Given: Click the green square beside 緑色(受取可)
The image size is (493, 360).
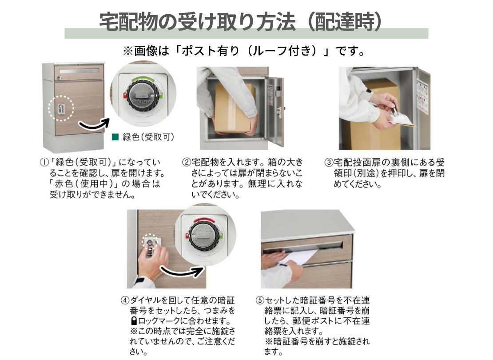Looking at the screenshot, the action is click(x=115, y=137).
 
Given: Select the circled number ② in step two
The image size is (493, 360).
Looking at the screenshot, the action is click(x=187, y=163).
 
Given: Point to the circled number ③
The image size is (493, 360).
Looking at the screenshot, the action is click(x=329, y=163).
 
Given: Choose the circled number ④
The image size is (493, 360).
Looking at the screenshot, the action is click(x=125, y=300).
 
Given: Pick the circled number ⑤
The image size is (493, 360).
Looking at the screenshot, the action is click(x=260, y=300).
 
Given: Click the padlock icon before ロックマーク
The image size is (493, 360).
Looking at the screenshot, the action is click(x=134, y=321).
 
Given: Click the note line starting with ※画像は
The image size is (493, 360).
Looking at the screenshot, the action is click(x=244, y=51).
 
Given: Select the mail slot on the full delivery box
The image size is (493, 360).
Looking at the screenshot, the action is click(x=78, y=71).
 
